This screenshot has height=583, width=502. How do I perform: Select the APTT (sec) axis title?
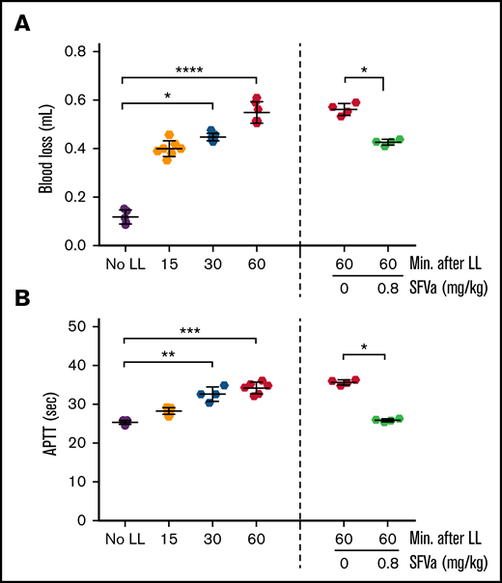click(x=45, y=423)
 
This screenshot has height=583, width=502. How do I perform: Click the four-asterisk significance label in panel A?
click(x=189, y=70)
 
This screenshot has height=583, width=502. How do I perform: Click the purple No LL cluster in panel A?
click(x=125, y=216)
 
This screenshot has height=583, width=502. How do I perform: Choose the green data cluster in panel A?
click(x=389, y=142)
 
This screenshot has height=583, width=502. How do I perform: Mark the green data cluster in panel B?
click(x=389, y=420)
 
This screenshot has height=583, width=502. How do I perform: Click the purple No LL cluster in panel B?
click(x=125, y=422)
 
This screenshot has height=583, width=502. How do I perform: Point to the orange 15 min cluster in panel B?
click(x=169, y=411)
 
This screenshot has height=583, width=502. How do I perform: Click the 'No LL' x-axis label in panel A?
click(x=125, y=264)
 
